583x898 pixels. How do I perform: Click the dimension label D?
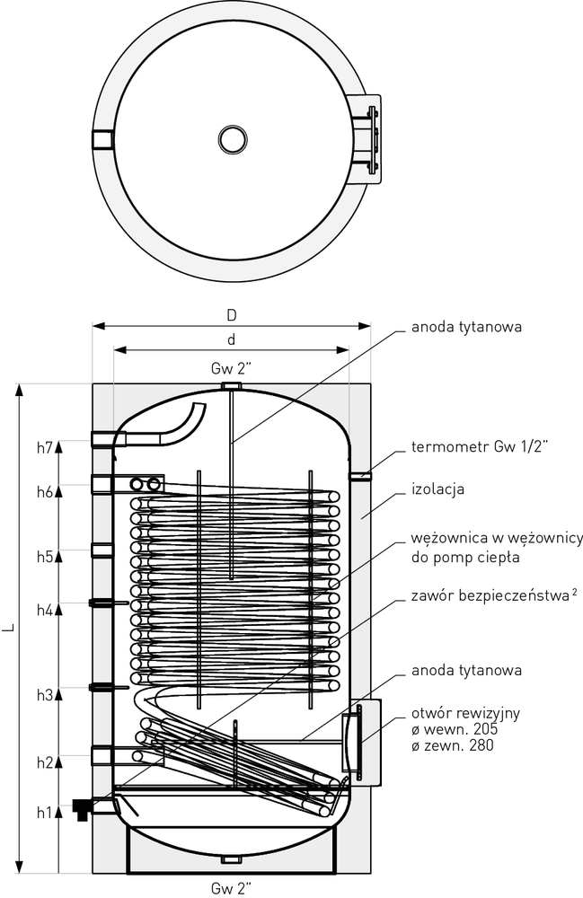[x=232, y=314]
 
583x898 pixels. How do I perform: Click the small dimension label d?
[x=232, y=339]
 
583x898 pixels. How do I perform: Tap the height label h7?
[x=45, y=448]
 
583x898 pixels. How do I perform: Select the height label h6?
[x=45, y=491]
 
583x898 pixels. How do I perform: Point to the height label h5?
[x=45, y=556]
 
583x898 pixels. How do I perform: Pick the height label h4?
[x=45, y=610]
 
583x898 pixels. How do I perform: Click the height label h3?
[x=45, y=695]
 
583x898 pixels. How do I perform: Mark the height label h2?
[x=45, y=762]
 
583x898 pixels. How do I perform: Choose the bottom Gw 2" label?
[x=232, y=888]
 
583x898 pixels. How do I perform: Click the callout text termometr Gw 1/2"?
[x=480, y=446]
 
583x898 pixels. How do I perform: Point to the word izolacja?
[x=438, y=489]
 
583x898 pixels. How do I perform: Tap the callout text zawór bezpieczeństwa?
[x=490, y=595]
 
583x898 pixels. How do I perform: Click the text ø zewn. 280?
[x=453, y=745]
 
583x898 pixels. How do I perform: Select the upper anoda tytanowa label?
[x=467, y=327]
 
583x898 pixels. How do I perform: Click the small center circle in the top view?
[x=233, y=139]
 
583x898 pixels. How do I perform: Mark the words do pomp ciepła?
[x=465, y=558]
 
